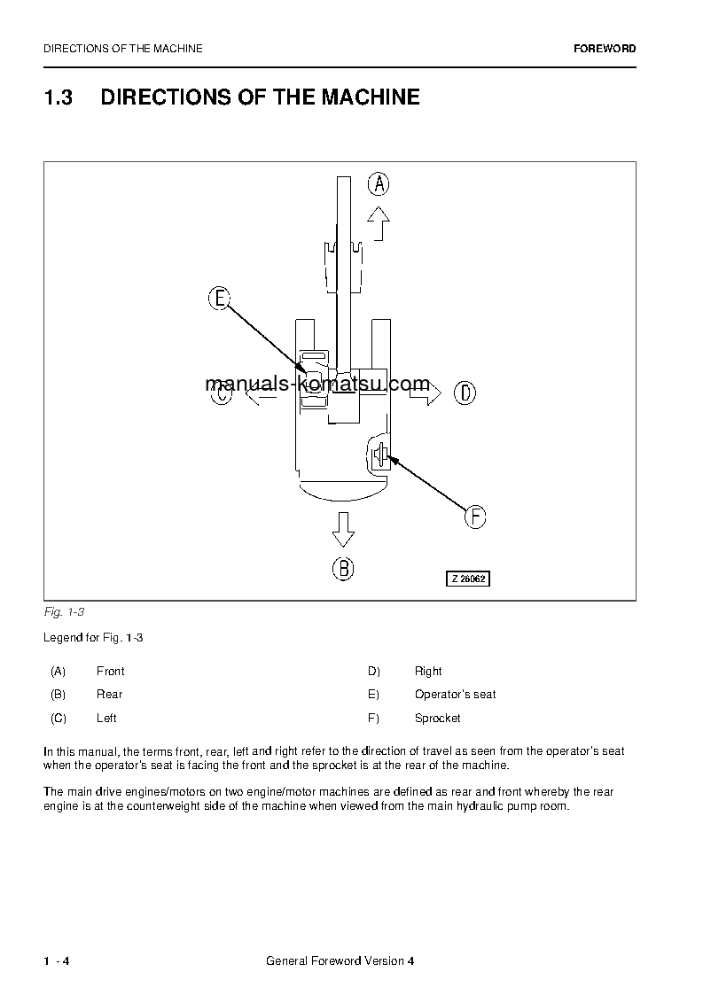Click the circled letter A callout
(x=379, y=184)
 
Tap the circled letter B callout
(x=343, y=568)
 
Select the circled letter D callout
(x=465, y=393)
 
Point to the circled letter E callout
(x=219, y=299)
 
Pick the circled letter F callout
(x=475, y=517)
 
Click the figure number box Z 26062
(x=467, y=579)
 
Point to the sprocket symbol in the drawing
(x=379, y=455)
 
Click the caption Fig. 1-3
(x=63, y=612)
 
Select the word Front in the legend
(x=110, y=672)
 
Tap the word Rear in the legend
(x=109, y=695)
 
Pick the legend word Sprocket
(x=437, y=719)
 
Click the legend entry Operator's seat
(x=455, y=695)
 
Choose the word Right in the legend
(x=428, y=672)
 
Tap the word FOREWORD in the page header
(x=605, y=49)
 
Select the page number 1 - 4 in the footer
(x=56, y=962)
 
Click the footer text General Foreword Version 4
(x=340, y=962)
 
